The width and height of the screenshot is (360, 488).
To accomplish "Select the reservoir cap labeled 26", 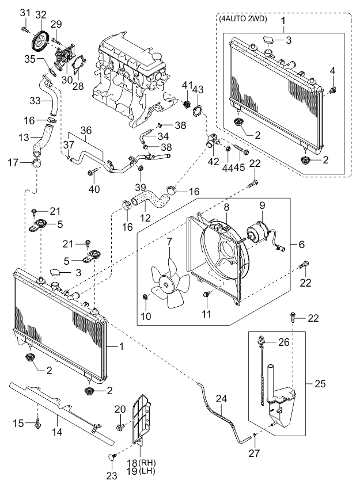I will (263, 342).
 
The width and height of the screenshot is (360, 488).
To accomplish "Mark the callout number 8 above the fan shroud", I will (227, 206).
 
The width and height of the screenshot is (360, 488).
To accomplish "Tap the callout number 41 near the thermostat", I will (186, 85).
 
